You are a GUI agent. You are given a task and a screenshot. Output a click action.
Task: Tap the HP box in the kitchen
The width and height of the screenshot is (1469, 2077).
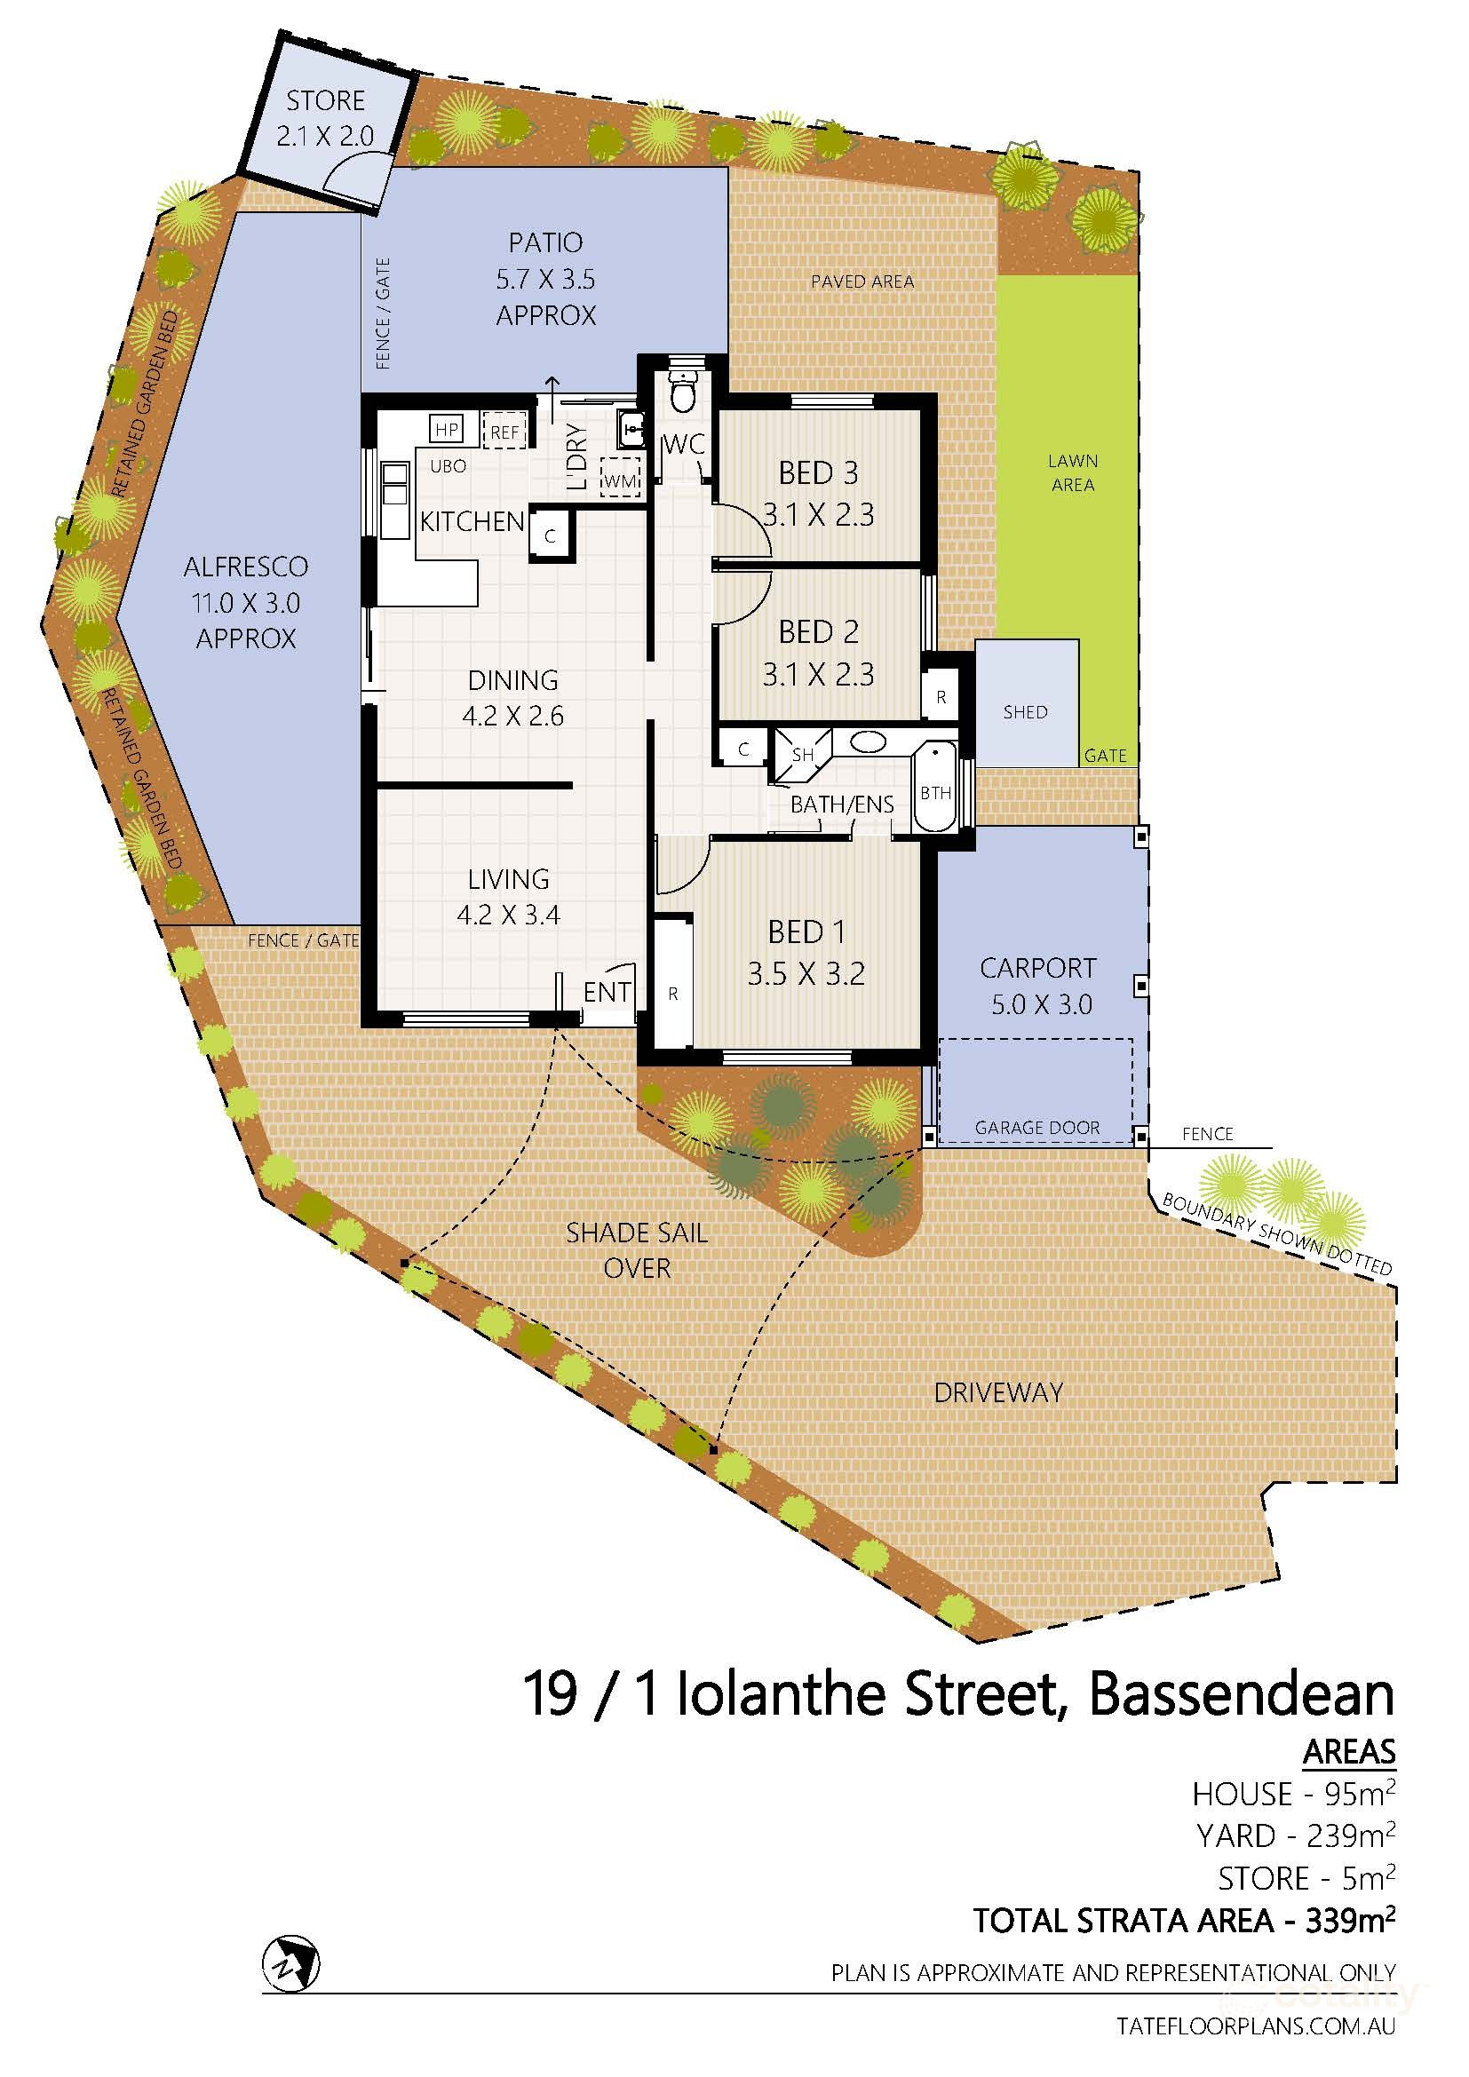click(x=446, y=429)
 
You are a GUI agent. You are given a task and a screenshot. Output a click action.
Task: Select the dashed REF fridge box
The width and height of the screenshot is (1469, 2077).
click(x=504, y=432)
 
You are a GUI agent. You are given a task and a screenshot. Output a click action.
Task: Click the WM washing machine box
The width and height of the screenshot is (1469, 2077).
click(x=621, y=480)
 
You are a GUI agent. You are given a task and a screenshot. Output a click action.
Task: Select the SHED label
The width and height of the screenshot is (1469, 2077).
click(x=1025, y=712)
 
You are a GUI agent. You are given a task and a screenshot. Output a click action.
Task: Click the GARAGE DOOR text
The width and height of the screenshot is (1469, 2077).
click(x=1036, y=1128)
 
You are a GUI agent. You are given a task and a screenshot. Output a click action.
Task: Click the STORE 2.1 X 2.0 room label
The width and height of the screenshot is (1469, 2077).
click(x=326, y=117)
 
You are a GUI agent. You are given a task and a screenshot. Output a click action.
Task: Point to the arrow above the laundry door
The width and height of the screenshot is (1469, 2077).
click(x=551, y=388)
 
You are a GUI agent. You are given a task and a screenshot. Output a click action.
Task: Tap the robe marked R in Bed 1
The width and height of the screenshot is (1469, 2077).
click(x=672, y=994)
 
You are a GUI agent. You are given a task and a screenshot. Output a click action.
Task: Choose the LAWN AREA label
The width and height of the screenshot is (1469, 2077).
click(x=1073, y=472)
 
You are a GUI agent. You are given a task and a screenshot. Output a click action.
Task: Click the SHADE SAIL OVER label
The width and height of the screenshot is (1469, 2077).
click(x=636, y=1250)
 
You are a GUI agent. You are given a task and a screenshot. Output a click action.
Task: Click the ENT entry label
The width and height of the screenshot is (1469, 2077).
click(x=606, y=993)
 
